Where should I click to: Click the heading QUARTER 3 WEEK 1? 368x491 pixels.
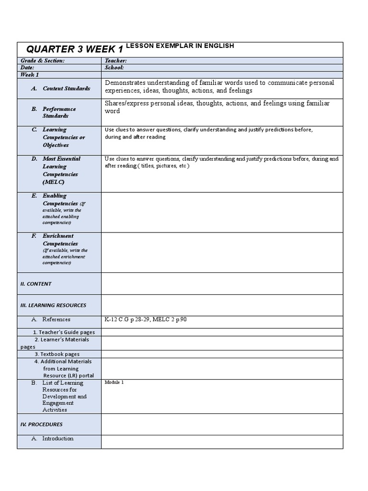75,49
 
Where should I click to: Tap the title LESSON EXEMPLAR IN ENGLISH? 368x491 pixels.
180,46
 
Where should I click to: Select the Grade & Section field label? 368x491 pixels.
42,61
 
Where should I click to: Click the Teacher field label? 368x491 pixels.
115,61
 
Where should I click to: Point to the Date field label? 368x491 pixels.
27,68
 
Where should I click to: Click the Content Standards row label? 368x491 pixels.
66,88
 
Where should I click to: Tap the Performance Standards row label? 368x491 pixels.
59,112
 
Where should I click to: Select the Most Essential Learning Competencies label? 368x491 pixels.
61,170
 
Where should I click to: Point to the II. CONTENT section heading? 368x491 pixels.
36,284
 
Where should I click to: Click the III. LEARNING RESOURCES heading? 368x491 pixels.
53,305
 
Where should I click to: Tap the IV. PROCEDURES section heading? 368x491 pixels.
41,424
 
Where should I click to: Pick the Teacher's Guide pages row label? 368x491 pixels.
64,332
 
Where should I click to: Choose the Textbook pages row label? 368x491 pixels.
60,354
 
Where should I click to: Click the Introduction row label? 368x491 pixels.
57,438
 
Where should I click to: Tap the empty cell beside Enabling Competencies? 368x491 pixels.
222,212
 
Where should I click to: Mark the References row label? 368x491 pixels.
56,319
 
